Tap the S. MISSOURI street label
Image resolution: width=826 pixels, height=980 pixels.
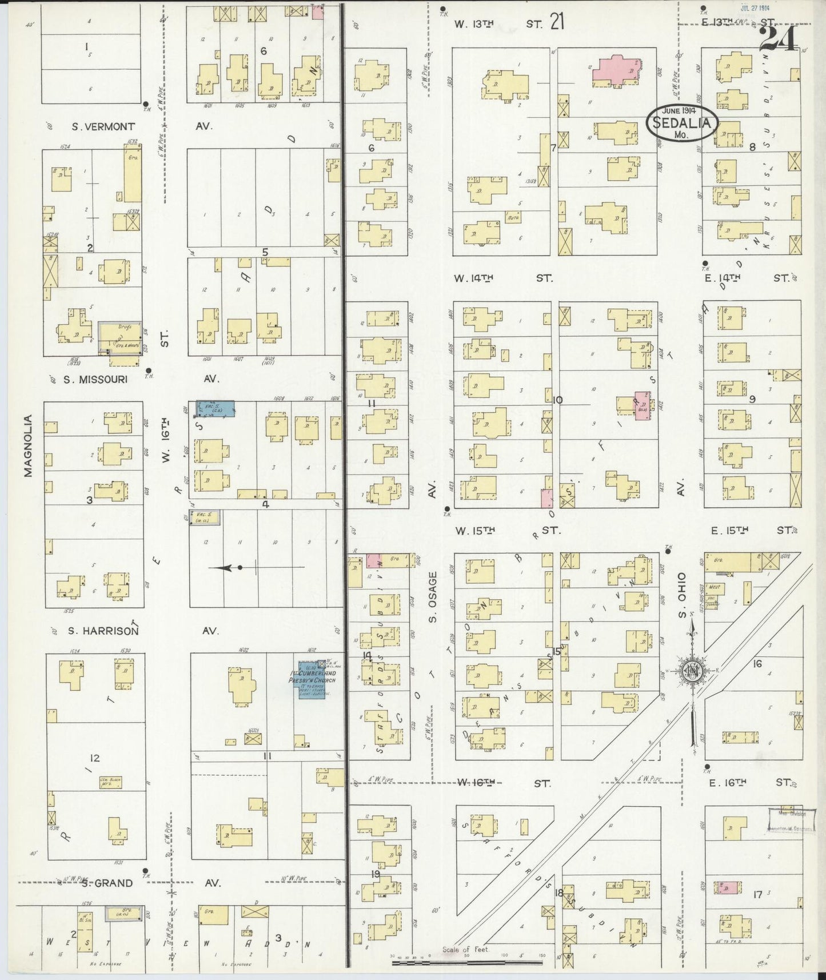[95, 379]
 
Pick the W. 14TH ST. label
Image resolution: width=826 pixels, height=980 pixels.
[503, 278]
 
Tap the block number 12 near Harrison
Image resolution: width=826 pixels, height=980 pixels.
[94, 758]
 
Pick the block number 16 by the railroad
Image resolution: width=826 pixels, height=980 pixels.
[757, 664]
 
